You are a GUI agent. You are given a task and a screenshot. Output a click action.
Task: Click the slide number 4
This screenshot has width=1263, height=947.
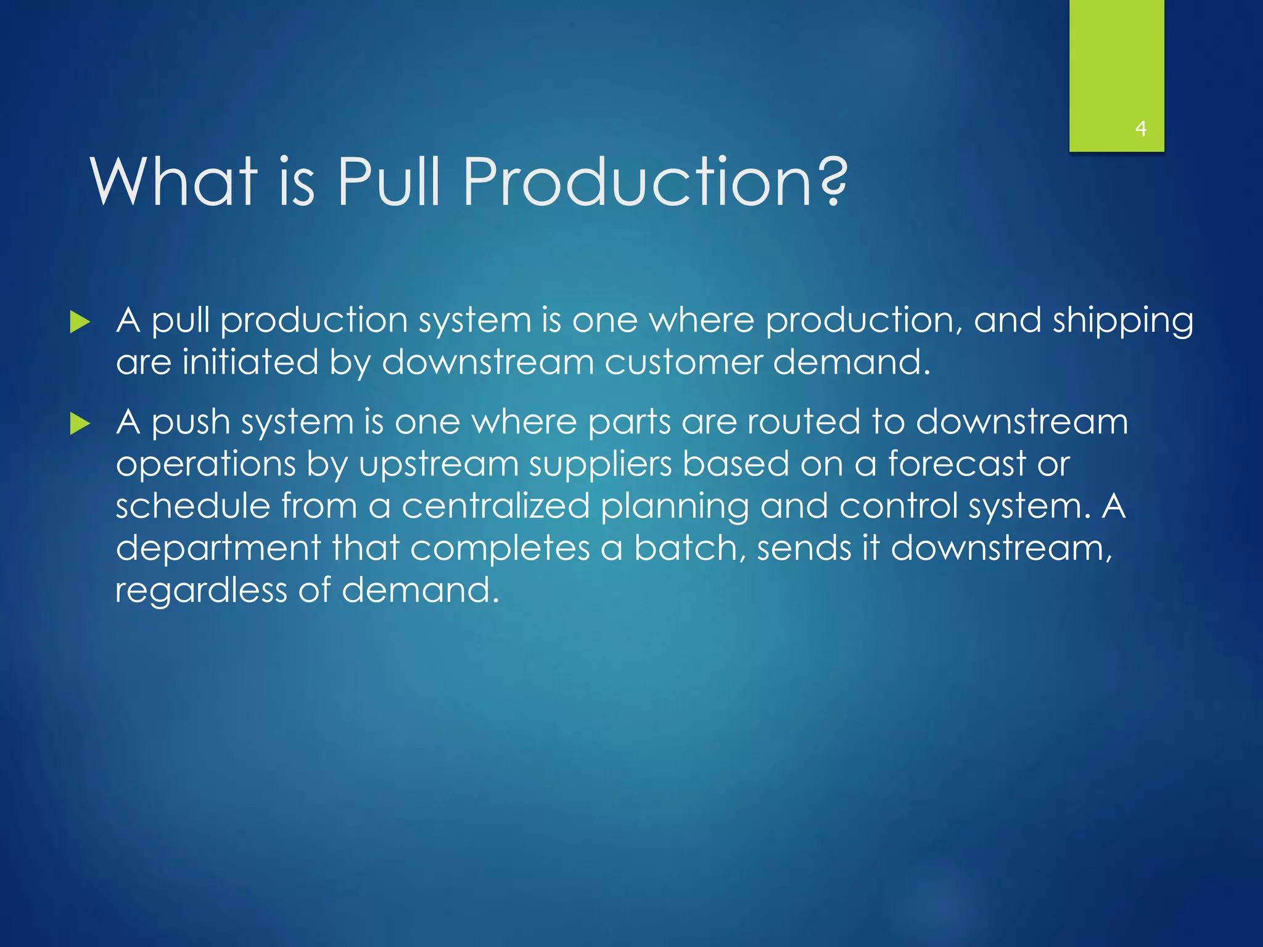coord(1140,129)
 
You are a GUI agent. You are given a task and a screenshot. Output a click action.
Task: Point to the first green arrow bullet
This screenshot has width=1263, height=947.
coord(80,322)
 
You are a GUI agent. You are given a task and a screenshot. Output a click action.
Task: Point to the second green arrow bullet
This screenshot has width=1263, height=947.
coord(80,424)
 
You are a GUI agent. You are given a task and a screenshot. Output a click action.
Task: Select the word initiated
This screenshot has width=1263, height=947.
coord(250,363)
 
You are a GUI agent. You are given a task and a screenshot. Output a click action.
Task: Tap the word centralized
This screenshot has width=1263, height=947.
coord(496,506)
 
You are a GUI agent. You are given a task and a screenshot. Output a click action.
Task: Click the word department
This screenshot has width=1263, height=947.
coord(218,549)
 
